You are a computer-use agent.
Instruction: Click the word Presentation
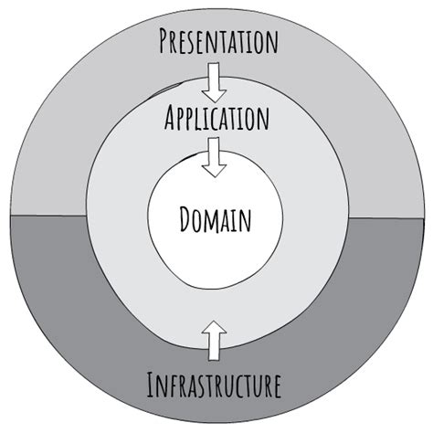pyautogui.click(x=217, y=41)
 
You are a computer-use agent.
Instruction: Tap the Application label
pyautogui.click(x=216, y=119)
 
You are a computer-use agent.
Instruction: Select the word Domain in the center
pyautogui.click(x=216, y=219)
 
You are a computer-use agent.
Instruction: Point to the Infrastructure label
pyautogui.click(x=214, y=385)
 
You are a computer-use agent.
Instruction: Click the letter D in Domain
pyautogui.click(x=186, y=219)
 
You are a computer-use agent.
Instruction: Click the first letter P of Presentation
pyautogui.click(x=165, y=41)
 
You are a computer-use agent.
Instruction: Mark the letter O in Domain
pyautogui.click(x=200, y=219)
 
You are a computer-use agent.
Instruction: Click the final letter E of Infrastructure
pyautogui.click(x=274, y=385)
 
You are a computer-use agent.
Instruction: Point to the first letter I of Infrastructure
pyautogui.click(x=152, y=385)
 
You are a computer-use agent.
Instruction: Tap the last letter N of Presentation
pyautogui.click(x=269, y=41)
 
